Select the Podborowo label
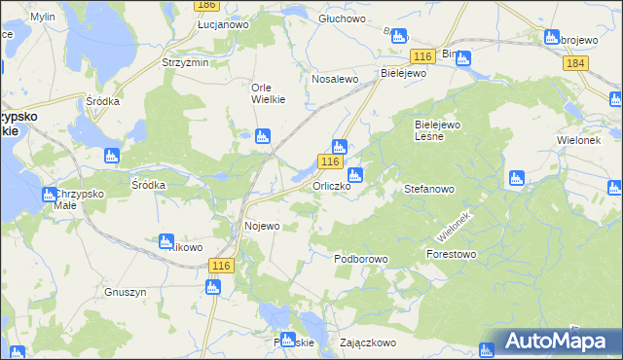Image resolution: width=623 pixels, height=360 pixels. tap(361, 259)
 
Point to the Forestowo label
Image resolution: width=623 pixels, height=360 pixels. tap(451, 254)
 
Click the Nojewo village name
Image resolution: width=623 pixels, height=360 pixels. tap(262, 226)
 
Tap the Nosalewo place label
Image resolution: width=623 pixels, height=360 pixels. tap(335, 79)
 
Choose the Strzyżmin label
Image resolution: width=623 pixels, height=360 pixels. tap(185, 62)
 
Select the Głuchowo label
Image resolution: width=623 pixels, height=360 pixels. tap(341, 18)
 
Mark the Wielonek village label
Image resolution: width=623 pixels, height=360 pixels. tap(581, 140)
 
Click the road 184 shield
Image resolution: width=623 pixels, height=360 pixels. tap(575, 62)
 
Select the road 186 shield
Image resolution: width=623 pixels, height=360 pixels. tap(205, 5)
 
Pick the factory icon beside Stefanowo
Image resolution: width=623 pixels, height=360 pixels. tap(517, 178)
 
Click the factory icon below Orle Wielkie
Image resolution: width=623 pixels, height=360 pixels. tap(262, 137)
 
